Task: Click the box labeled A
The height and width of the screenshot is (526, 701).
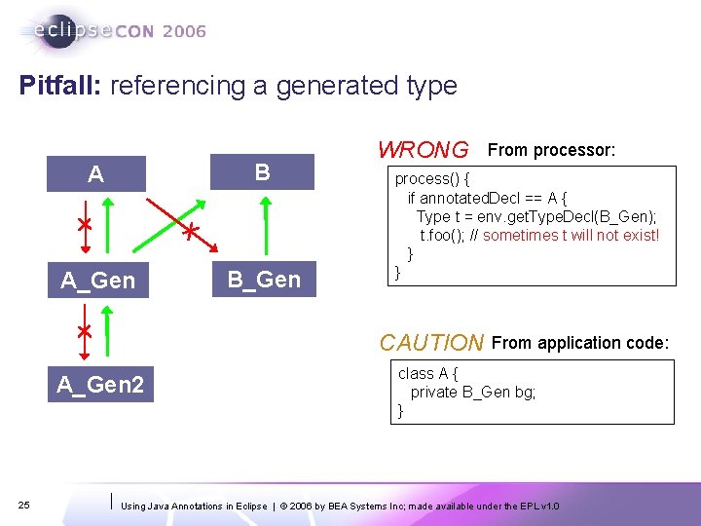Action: (x=95, y=174)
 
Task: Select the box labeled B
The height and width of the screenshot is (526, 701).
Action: (x=262, y=172)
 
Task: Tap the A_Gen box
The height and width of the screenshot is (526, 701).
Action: (x=97, y=281)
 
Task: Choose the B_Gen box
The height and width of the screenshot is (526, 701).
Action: (x=264, y=280)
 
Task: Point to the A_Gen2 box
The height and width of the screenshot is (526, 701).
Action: (x=99, y=385)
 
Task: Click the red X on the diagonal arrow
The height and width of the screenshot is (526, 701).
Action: (x=192, y=231)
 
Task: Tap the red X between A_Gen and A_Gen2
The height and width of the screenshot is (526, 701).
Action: (x=85, y=331)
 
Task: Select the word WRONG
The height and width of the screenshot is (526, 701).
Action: (x=423, y=150)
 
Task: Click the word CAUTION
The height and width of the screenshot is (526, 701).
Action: (x=431, y=343)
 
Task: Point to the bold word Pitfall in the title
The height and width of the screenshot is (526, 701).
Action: (x=60, y=86)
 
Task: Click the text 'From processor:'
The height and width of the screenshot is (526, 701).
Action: (x=551, y=150)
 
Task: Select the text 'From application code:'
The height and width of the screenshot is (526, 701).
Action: (x=580, y=343)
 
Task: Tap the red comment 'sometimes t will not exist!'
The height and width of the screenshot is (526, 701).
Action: (x=571, y=235)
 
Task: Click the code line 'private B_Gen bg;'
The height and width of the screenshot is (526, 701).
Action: (x=473, y=392)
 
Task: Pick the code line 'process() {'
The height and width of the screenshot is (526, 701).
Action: (x=432, y=179)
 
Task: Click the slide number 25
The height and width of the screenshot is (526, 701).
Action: (x=25, y=504)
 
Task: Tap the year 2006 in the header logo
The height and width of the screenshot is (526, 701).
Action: (x=184, y=31)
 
